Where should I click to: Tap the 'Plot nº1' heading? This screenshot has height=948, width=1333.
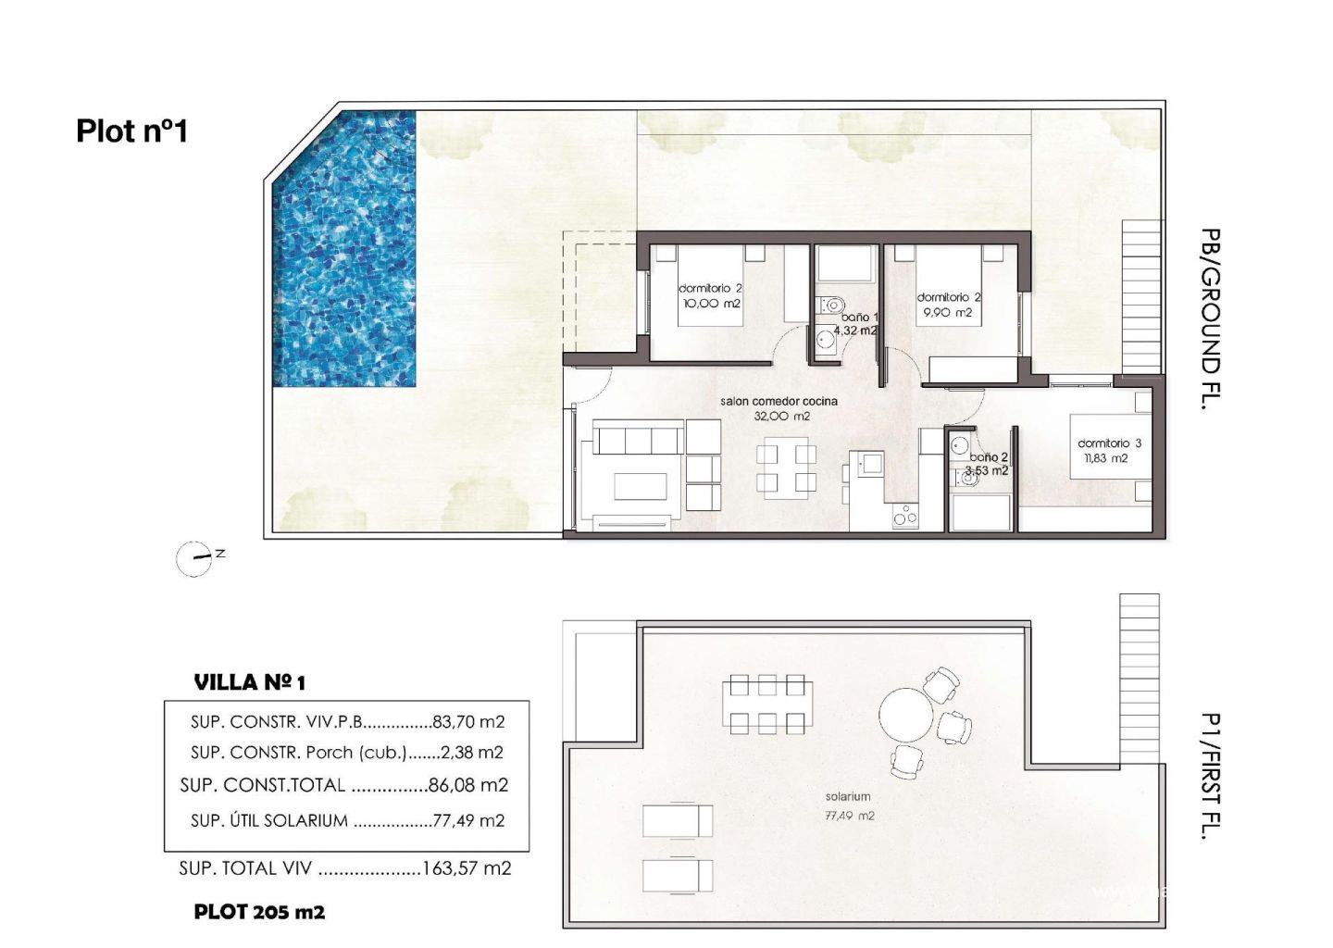[x=132, y=131]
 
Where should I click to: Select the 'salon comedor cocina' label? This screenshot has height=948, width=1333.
[x=779, y=402]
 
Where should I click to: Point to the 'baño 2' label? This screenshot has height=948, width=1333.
[x=989, y=457]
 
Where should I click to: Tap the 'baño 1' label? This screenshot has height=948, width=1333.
[x=859, y=318]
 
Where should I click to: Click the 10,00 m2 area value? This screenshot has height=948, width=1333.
[x=712, y=304]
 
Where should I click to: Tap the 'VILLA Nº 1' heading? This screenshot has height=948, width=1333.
[x=249, y=682]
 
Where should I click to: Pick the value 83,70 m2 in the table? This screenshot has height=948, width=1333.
[x=469, y=722]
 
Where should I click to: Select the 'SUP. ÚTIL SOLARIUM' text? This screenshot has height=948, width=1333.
[x=269, y=820]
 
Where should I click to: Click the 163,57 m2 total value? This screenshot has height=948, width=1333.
[x=467, y=868]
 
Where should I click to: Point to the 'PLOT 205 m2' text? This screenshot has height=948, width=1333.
[x=259, y=912]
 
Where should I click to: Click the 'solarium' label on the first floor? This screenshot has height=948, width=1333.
[x=848, y=797]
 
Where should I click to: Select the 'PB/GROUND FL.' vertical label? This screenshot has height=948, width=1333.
[x=1211, y=319]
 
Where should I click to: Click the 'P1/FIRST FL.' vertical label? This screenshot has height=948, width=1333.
[x=1211, y=776]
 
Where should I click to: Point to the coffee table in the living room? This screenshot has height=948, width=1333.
[x=641, y=486]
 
